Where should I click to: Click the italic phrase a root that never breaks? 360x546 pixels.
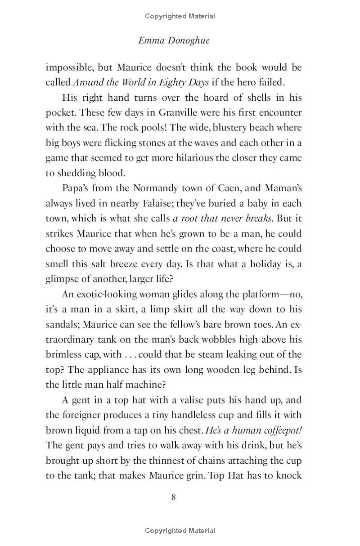(222, 219)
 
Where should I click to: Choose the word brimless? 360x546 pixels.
(66, 354)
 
